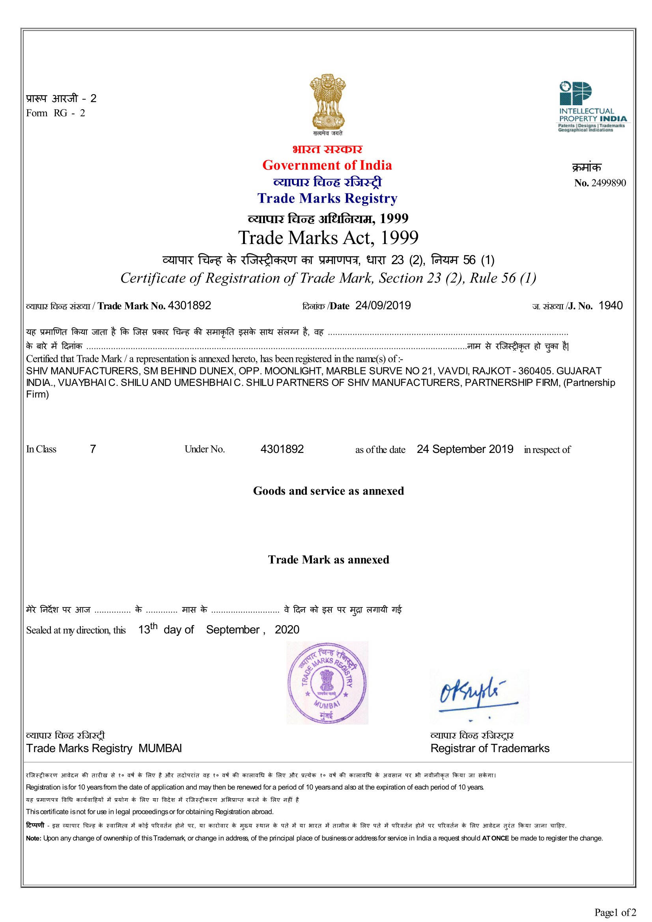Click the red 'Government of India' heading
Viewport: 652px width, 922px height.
[x=327, y=165]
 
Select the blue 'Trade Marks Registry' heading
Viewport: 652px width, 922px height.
[x=327, y=198]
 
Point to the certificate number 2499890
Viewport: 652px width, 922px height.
[x=608, y=183]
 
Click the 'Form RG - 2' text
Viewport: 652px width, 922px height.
[x=56, y=113]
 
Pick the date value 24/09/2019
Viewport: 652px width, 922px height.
[x=383, y=305]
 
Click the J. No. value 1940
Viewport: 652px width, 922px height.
[x=610, y=305]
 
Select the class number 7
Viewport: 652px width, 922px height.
[x=93, y=449]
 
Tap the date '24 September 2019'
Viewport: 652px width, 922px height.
[x=465, y=449]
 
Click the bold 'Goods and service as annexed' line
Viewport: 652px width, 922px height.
[x=328, y=491]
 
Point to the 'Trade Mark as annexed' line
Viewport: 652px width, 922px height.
[x=328, y=560]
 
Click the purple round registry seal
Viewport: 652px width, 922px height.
[x=327, y=683]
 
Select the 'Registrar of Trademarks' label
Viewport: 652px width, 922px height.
[x=490, y=749]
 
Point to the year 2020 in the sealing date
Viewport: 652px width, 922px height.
[x=287, y=630]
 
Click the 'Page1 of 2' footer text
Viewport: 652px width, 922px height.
[x=615, y=913]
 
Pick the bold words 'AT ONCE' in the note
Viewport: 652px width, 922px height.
[x=495, y=838]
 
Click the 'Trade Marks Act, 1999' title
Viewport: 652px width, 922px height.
[x=328, y=238]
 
